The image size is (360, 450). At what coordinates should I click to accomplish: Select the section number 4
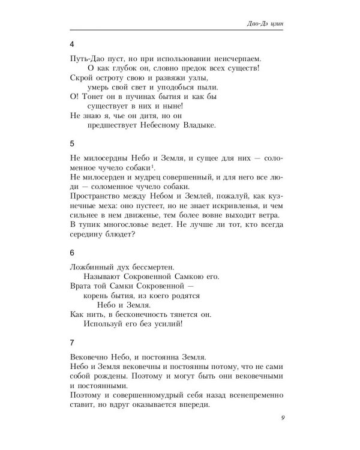72,44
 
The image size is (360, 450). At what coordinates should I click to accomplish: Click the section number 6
72,253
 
